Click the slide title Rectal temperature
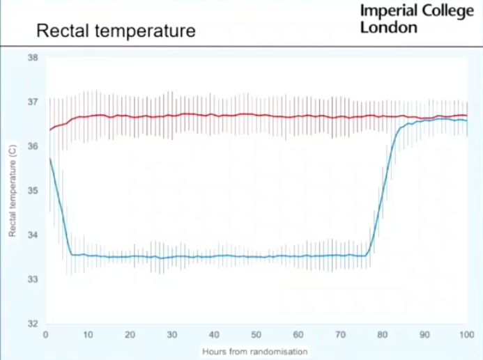(x=116, y=31)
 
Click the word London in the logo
(x=389, y=27)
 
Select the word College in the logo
(x=448, y=12)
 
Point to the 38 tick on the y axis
(x=32, y=57)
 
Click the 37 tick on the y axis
(x=32, y=102)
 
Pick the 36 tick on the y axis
(x=32, y=146)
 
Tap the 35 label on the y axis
(x=32, y=190)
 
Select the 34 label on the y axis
(x=32, y=235)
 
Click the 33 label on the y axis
(x=32, y=279)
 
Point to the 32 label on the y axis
(x=32, y=324)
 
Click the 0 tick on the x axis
(x=45, y=335)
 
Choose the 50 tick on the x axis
(x=256, y=335)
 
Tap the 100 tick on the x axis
(x=466, y=335)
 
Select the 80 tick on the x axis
(x=383, y=335)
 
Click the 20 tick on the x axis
(x=130, y=335)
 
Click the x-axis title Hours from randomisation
(x=254, y=352)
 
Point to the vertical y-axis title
(x=12, y=190)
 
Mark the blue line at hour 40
(x=214, y=256)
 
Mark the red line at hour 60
(x=298, y=116)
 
